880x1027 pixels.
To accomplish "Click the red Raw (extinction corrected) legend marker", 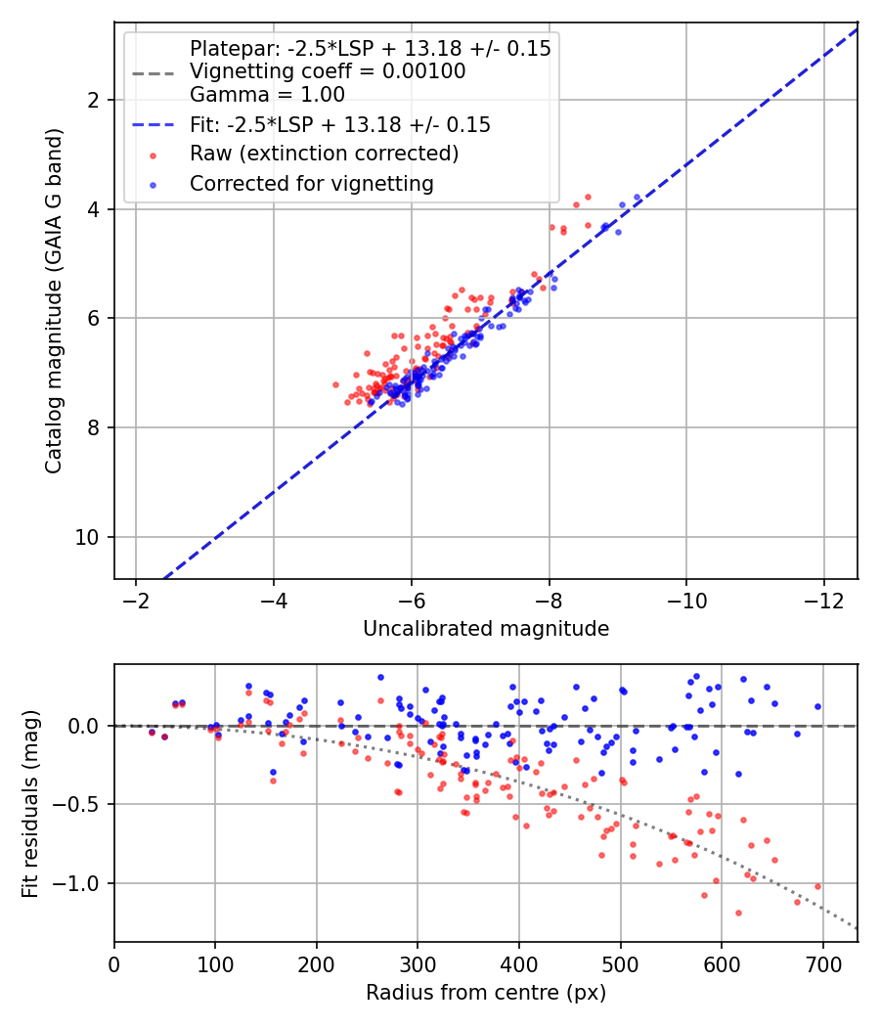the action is click(x=154, y=156).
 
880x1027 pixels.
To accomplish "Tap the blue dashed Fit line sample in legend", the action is click(x=154, y=125).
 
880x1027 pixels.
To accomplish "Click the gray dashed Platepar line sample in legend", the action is click(x=154, y=73).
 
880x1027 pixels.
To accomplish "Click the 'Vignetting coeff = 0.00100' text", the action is click(x=328, y=71).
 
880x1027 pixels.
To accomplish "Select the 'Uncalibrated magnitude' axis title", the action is click(x=486, y=629).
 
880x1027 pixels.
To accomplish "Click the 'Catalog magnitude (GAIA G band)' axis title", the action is click(x=54, y=301).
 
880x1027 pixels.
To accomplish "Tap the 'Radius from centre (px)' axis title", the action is click(x=486, y=993).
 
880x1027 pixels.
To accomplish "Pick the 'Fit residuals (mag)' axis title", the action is click(x=30, y=804).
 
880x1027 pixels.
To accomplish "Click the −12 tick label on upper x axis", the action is click(x=823, y=601).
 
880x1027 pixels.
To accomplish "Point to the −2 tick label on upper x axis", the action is click(x=136, y=601).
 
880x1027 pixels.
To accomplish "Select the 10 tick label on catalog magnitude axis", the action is click(x=86, y=538).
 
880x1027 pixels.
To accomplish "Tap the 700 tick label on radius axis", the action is click(x=822, y=964).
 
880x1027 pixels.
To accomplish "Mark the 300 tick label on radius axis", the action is click(x=418, y=964).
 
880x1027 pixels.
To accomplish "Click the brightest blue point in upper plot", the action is click(x=638, y=198).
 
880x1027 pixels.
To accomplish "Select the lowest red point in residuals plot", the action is click(x=738, y=913).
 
